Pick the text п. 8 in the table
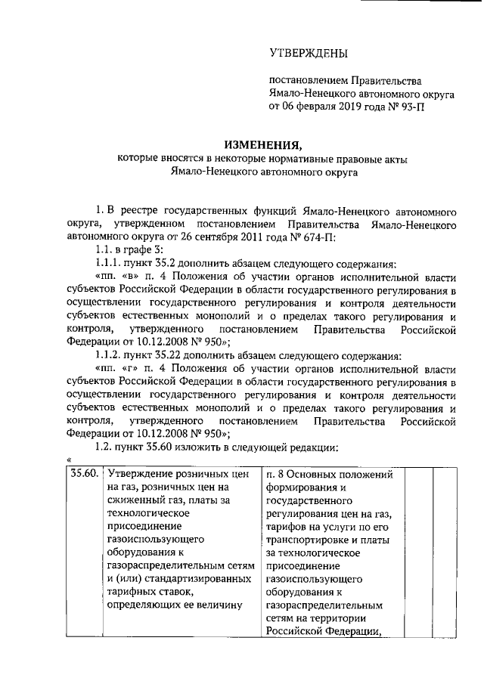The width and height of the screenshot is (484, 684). (275, 474)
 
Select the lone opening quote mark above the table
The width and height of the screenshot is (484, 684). (69, 460)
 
